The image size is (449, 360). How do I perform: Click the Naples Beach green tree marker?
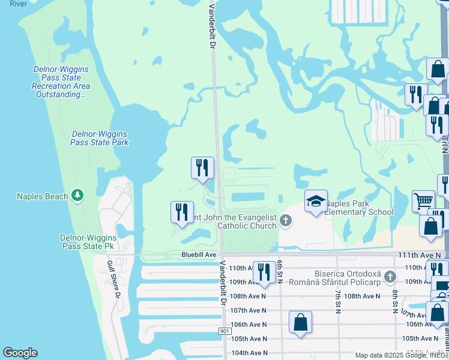77,196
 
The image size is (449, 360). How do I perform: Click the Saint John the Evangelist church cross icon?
286,221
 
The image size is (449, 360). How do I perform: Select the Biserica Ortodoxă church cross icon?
391,277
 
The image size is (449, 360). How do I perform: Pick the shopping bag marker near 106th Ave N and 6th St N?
300,322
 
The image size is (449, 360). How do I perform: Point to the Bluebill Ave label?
199,255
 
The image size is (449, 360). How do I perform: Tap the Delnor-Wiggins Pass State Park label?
100,138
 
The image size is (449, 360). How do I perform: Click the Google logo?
20,353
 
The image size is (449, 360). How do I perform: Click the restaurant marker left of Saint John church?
181,212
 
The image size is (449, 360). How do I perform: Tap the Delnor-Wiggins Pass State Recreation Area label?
61,82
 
